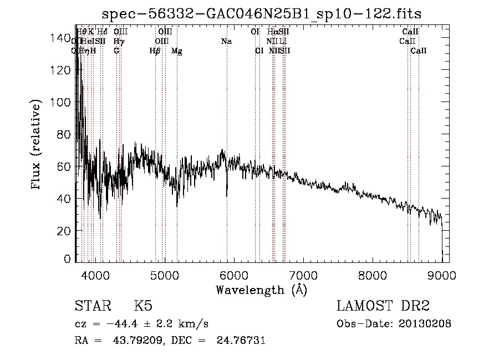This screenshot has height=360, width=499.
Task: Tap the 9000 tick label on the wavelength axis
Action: (441, 273)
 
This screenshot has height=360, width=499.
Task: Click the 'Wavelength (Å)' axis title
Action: (261, 290)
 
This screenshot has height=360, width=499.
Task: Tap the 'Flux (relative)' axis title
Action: (37, 146)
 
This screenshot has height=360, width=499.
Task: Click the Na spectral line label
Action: (226, 42)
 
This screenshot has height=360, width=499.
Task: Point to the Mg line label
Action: (176, 51)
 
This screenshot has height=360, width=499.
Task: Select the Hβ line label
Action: (155, 51)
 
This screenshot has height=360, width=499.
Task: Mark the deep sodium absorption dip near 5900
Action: (227, 194)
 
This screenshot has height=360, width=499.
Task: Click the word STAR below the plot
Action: (93, 306)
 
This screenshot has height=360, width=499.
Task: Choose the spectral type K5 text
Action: (142, 306)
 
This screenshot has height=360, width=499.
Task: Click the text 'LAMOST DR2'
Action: (383, 306)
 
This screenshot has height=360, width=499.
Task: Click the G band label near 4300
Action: (116, 51)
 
